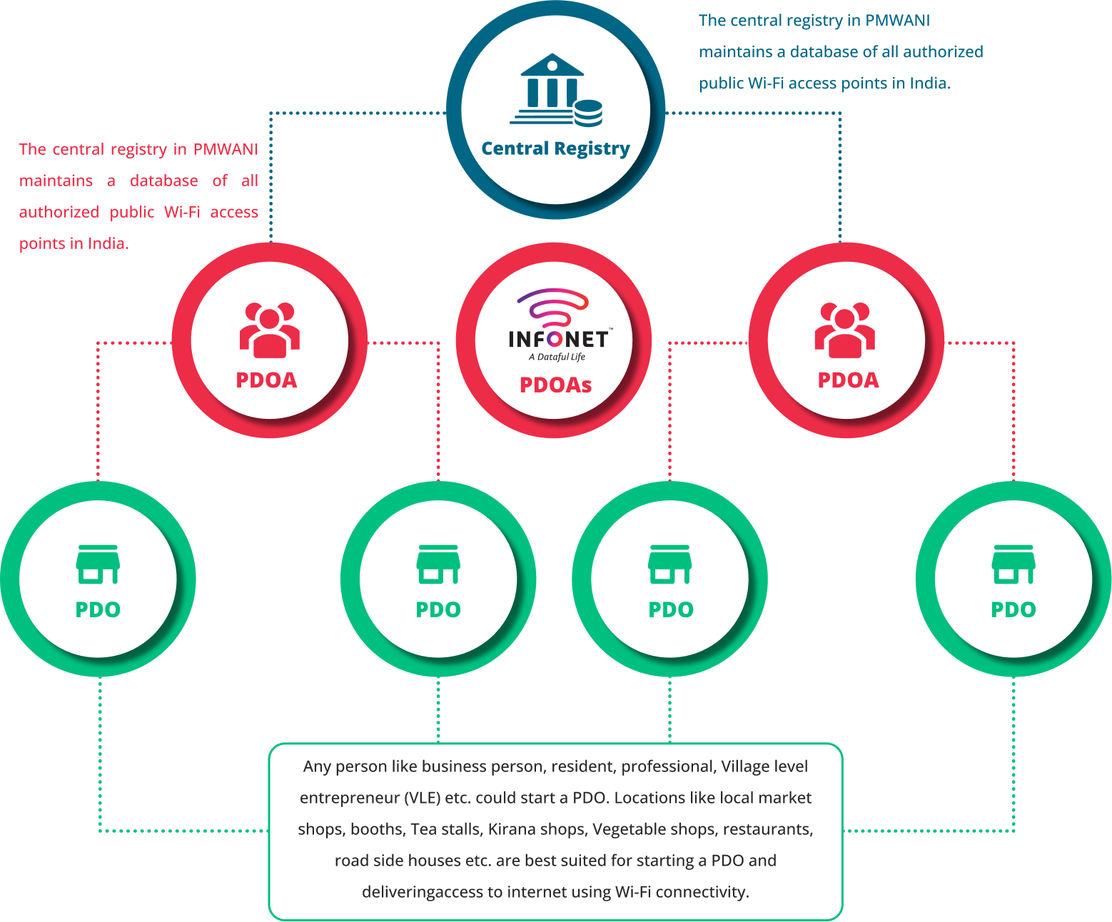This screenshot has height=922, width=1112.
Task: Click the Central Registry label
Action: [x=555, y=148]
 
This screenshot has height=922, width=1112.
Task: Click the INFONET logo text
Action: [x=559, y=339]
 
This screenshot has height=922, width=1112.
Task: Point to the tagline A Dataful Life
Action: [x=557, y=357]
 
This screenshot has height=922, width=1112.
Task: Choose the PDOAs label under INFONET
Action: [x=555, y=385]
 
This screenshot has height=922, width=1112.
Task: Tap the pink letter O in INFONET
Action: [x=555, y=340]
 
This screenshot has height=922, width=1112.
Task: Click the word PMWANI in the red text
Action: [x=226, y=149]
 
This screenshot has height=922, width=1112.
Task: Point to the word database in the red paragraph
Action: [x=164, y=181]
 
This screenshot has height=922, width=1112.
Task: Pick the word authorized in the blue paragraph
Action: [x=943, y=52]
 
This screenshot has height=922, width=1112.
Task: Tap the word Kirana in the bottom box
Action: [x=511, y=829]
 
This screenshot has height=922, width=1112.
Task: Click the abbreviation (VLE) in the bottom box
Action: [x=421, y=798]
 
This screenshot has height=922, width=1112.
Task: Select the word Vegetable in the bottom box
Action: [x=627, y=829]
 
